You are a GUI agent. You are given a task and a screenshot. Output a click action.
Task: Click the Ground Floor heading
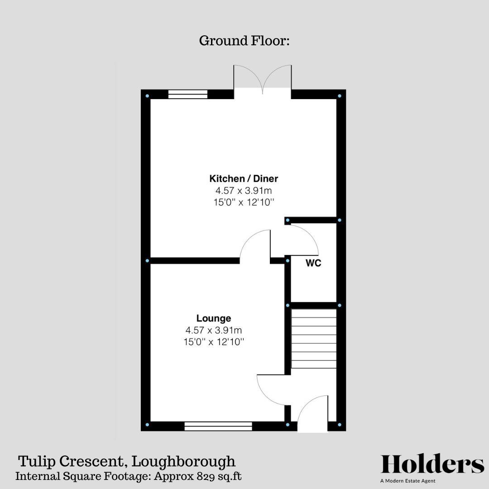pyautogui.click(x=244, y=41)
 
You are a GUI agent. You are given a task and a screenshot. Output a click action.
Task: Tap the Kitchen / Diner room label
pyautogui.click(x=244, y=178)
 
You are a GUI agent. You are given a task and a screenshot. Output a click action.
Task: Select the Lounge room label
pyautogui.click(x=214, y=318)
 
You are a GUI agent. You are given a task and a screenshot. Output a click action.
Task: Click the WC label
pyautogui.click(x=313, y=263)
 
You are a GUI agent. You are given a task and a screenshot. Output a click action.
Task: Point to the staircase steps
pyautogui.click(x=314, y=339)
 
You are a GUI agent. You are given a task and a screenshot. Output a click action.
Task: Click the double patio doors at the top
pyautogui.click(x=263, y=81)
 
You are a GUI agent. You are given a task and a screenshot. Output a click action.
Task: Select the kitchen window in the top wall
pyautogui.click(x=187, y=94)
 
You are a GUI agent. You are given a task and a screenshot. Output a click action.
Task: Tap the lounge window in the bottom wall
pyautogui.click(x=218, y=426)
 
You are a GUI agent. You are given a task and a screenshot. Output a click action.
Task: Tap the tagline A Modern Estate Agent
pyautogui.click(x=408, y=481)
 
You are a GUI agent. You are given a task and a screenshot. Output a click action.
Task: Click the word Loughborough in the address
pyautogui.click(x=184, y=462)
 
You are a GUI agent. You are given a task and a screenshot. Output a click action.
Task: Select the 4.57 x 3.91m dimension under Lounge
pyautogui.click(x=214, y=331)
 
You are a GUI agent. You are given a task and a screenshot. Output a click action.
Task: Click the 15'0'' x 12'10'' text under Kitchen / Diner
pyautogui.click(x=244, y=202)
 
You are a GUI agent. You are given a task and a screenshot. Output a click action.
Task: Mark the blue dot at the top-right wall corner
pyautogui.click(x=340, y=96)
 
